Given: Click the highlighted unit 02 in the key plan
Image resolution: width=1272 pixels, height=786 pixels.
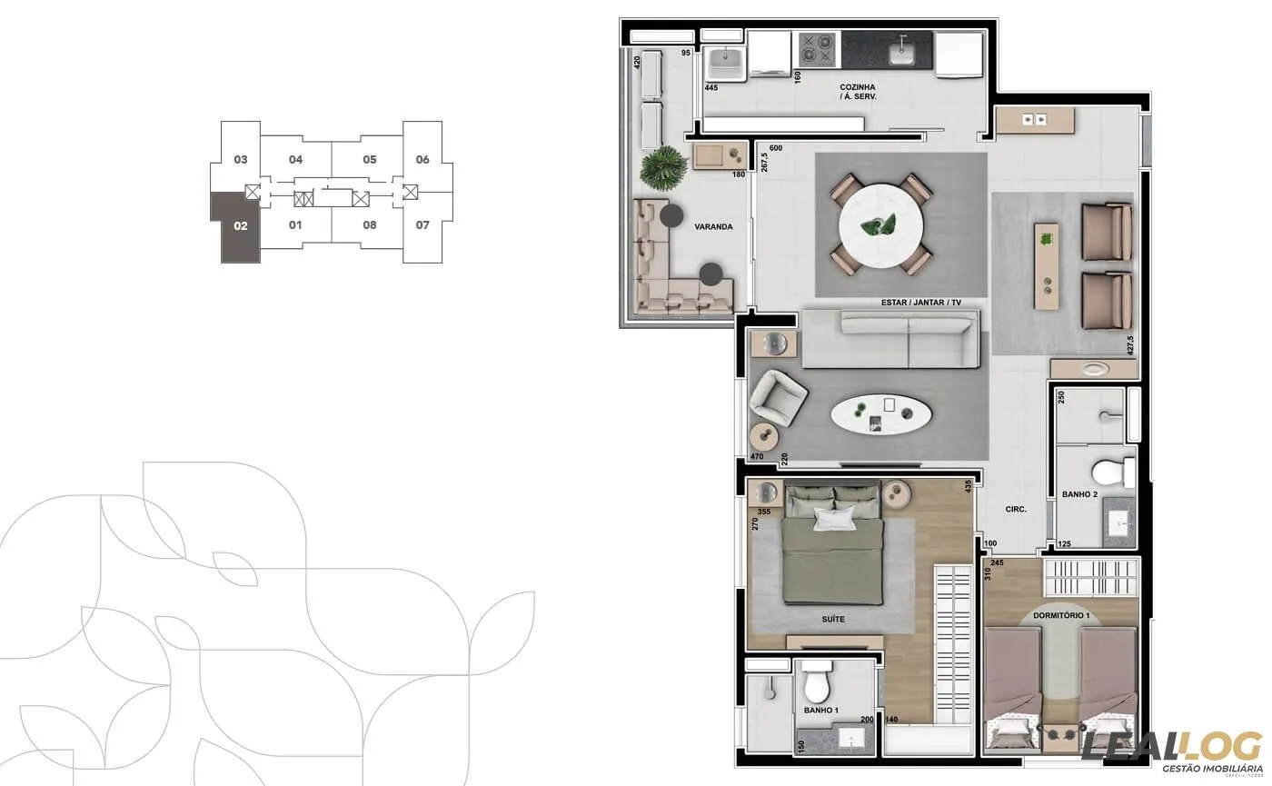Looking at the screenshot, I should (239, 226).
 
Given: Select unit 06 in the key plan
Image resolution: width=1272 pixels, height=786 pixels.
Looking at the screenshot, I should (422, 159).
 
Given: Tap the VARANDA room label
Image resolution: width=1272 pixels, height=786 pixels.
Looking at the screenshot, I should (713, 227).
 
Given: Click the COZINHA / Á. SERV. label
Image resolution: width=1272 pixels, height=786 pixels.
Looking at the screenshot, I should (858, 92).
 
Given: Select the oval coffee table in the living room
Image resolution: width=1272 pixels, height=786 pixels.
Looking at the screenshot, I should (880, 415).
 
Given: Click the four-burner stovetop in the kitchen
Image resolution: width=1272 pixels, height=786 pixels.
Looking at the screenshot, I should (816, 50).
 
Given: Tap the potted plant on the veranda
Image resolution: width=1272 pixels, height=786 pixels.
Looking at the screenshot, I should (662, 165).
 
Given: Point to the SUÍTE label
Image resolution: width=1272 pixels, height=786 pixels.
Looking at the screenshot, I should (832, 619).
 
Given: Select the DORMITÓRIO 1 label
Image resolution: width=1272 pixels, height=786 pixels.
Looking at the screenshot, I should (1067, 616).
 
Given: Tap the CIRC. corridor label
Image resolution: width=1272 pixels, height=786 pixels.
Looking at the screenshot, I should (1016, 510).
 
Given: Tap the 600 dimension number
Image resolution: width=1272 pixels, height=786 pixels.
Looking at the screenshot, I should (775, 148).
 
